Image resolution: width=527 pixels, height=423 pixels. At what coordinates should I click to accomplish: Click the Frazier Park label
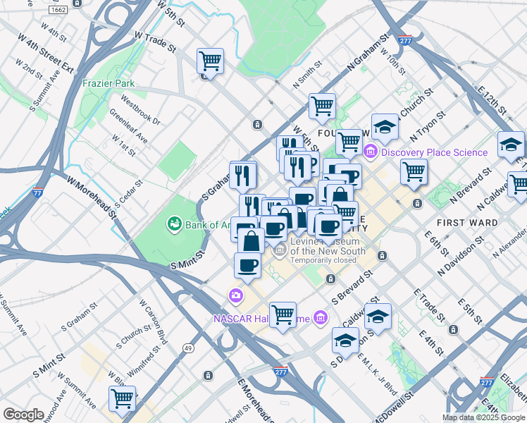point(108,83)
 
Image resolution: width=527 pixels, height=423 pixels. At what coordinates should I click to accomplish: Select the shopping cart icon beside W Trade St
point(210,61)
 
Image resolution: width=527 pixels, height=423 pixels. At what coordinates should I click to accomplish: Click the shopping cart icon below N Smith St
point(322,106)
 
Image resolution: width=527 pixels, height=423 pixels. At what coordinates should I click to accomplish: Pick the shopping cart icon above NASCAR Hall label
point(283,314)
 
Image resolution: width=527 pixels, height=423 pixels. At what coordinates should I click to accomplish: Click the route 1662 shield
point(59,10)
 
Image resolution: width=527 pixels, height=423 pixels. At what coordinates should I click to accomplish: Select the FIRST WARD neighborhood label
point(467,223)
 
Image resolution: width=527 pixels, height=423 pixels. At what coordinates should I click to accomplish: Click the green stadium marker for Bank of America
point(173,225)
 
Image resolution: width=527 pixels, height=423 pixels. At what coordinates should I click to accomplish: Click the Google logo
point(24,415)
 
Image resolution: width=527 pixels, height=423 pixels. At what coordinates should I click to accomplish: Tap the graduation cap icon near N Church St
point(385,127)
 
